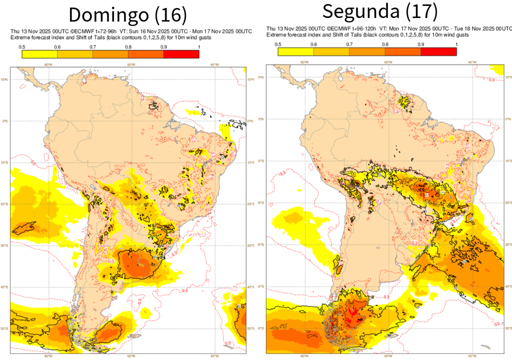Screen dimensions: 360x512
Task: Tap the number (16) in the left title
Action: pyautogui.click(x=170, y=15)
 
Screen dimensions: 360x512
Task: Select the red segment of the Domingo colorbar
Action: pyautogui.click(x=181, y=54)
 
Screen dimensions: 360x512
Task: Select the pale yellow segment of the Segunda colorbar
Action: pyautogui.click(x=295, y=51)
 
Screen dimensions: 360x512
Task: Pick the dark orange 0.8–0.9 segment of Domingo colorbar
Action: pyautogui.click(x=145, y=54)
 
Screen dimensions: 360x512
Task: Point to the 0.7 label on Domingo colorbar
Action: pyautogui.click(x=93, y=47)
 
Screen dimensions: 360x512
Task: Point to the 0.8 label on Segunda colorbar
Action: pyautogui.click(x=385, y=44)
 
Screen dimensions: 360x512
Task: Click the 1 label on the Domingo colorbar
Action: pyautogui.click(x=199, y=47)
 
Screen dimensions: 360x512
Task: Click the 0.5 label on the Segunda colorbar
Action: pyautogui.click(x=278, y=44)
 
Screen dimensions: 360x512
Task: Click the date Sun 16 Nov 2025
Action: pyautogui.click(x=150, y=31)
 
